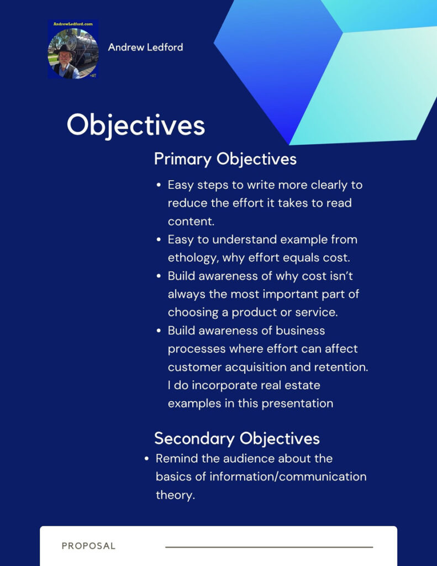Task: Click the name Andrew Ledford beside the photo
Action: click(145, 47)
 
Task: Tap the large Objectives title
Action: click(135, 125)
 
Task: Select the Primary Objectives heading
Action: click(225, 159)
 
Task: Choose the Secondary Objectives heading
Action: click(236, 438)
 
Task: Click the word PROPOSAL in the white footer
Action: click(88, 546)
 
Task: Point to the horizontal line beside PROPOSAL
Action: click(268, 547)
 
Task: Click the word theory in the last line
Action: click(175, 495)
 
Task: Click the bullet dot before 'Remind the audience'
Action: click(147, 459)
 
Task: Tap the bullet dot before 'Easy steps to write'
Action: click(159, 185)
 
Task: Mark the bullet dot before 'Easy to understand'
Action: click(159, 240)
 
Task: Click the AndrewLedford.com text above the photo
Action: click(72, 25)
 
